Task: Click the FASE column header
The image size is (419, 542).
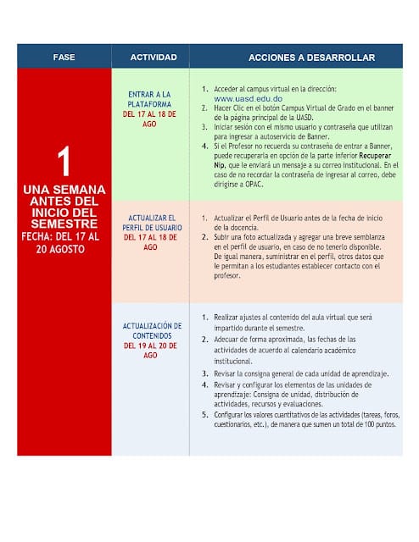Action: [64, 57]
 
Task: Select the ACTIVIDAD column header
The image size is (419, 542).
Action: [154, 57]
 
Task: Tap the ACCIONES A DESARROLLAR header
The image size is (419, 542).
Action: [299, 57]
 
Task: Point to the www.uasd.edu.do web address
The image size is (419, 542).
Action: [247, 98]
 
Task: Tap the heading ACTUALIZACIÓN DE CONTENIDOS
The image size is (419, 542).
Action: [152, 329]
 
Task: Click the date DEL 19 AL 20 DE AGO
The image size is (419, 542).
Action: [152, 350]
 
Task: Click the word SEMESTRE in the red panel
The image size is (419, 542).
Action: [64, 222]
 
